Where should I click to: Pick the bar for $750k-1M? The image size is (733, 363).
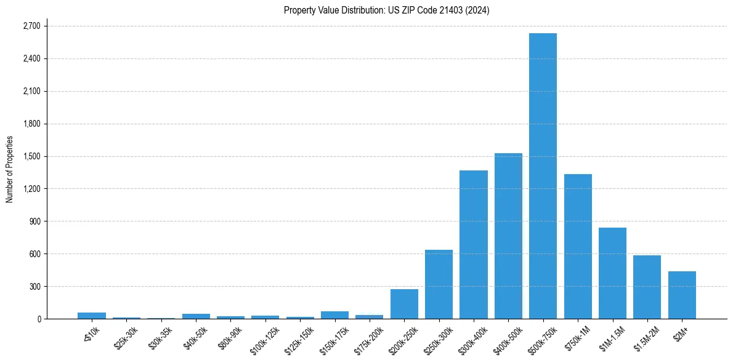click(578, 246)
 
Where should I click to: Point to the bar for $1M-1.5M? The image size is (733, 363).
click(612, 273)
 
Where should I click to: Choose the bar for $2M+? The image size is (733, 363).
click(682, 295)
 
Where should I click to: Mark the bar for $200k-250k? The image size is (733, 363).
click(404, 304)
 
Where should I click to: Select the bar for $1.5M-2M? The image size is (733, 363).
click(647, 287)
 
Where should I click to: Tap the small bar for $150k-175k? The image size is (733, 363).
click(334, 315)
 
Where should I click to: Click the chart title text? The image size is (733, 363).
click(386, 10)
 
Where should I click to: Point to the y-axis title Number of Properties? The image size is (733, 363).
click(9, 169)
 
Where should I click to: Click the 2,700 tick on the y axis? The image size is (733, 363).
click(31, 26)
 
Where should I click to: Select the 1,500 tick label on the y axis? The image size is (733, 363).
click(31, 156)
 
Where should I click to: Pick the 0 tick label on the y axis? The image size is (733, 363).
click(39, 319)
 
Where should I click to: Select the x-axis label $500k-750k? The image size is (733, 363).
click(542, 339)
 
